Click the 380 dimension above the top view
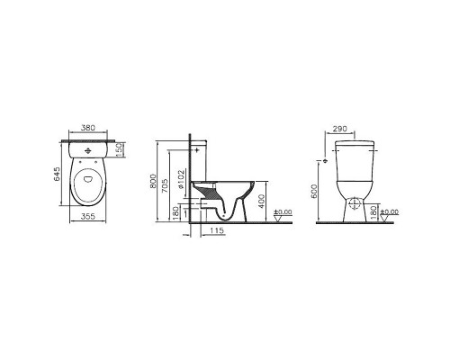88,128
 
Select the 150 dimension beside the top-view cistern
119,149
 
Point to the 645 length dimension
57,175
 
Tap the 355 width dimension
88,216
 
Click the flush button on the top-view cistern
87,150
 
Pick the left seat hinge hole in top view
80,162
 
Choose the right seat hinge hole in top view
95,162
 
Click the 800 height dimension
153,181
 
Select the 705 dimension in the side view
165,185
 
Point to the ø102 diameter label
181,179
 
